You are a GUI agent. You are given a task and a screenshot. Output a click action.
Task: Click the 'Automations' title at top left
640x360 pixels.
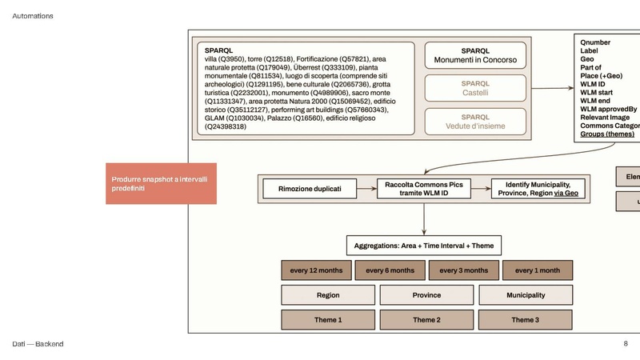tap(33, 16)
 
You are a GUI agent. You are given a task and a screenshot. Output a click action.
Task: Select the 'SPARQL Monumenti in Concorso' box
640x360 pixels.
tap(475, 55)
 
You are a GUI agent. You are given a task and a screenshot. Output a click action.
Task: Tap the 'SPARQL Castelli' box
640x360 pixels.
tap(475, 88)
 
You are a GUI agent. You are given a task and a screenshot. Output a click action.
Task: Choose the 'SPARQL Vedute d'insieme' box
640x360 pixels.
tap(475, 121)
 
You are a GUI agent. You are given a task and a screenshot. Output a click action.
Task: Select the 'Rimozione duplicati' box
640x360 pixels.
tap(310, 189)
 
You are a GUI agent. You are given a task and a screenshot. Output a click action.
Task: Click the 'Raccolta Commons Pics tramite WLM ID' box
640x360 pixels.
tap(423, 189)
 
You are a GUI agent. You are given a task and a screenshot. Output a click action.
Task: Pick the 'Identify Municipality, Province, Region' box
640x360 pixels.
tap(536, 189)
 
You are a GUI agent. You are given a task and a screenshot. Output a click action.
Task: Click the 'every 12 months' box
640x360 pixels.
tap(315, 270)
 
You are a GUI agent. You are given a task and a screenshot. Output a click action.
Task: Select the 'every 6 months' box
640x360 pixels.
tap(390, 270)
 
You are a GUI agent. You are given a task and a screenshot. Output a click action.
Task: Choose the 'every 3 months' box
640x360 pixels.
tap(464, 270)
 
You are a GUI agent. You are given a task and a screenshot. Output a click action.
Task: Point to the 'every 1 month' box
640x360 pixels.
tap(537, 270)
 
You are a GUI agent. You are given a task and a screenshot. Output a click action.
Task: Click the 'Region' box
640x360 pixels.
tap(328, 295)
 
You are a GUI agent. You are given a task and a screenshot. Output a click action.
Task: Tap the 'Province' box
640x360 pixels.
tap(426, 295)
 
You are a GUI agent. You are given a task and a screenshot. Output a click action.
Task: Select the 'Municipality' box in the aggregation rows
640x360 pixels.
tap(526, 295)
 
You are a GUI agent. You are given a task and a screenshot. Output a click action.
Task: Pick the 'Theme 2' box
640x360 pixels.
tap(426, 320)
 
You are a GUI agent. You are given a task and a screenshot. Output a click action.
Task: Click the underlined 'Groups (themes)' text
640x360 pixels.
tap(607, 134)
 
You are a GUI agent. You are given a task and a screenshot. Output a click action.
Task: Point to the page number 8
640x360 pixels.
tap(626, 343)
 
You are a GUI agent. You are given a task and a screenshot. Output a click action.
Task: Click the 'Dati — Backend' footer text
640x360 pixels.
tap(38, 344)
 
